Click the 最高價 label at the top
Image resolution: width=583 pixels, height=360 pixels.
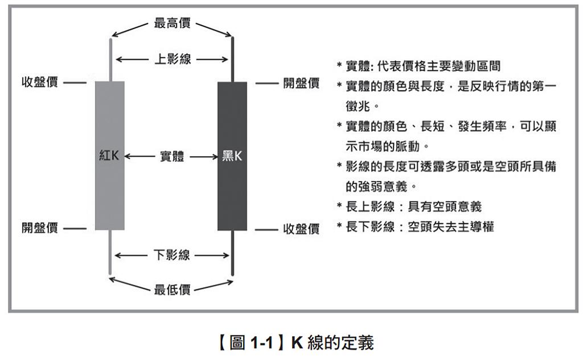pyautogui.click(x=172, y=23)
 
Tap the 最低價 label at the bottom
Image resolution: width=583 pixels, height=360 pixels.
pyautogui.click(x=172, y=289)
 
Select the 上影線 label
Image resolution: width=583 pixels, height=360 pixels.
pyautogui.click(x=173, y=59)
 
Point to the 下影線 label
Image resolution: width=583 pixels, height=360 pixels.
pyautogui.click(x=172, y=255)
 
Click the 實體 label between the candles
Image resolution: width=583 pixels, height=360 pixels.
pyautogui.click(x=172, y=156)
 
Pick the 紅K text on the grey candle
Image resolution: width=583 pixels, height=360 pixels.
pyautogui.click(x=109, y=155)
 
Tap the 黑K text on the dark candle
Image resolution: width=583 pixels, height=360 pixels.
pyautogui.click(x=232, y=156)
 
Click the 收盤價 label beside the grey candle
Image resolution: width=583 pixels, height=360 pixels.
pyautogui.click(x=40, y=82)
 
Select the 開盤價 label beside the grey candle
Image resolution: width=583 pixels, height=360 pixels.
pyautogui.click(x=40, y=228)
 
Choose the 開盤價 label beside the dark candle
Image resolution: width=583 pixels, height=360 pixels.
pyautogui.click(x=301, y=83)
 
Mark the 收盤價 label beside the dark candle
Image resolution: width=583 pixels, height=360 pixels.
pyautogui.click(x=301, y=229)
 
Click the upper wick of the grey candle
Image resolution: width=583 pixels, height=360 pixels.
pyautogui.click(x=110, y=59)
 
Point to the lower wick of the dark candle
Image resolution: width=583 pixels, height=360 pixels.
pyautogui.click(x=233, y=253)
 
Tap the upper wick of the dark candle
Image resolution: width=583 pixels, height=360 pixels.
pyautogui.click(x=233, y=59)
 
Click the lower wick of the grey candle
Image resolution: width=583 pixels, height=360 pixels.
pyautogui.click(x=110, y=252)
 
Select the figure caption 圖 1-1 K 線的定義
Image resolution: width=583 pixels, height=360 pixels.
pyautogui.click(x=295, y=342)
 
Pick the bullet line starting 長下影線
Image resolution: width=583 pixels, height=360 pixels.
pyautogui.click(x=415, y=226)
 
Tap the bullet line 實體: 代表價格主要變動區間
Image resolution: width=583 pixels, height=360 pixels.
pyautogui.click(x=418, y=66)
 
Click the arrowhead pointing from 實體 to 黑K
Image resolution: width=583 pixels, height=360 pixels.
pyautogui.click(x=215, y=157)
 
